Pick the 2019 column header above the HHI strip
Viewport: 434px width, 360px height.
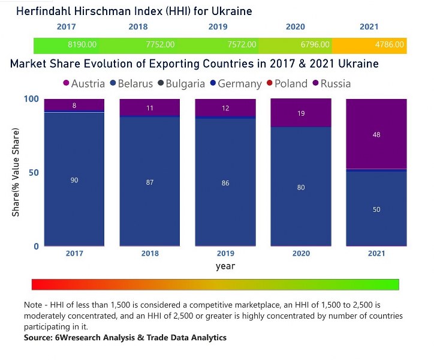[218, 27]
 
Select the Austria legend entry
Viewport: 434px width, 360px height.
[83, 84]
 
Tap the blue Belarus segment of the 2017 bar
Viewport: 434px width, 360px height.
[74, 180]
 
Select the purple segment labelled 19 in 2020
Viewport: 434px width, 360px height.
[301, 113]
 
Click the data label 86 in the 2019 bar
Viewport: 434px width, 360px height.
[225, 183]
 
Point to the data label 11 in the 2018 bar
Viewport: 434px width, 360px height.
[150, 109]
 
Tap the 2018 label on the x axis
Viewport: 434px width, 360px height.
[150, 254]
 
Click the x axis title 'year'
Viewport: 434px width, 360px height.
[225, 266]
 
